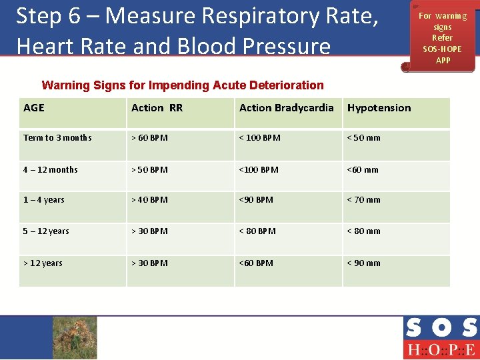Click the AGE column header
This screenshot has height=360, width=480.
[34, 108]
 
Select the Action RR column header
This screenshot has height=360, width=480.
[157, 108]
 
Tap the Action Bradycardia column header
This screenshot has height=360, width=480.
[286, 108]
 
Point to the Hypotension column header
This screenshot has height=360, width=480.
[379, 108]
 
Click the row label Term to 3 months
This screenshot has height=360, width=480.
[57, 138]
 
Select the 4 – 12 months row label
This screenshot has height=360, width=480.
[50, 170]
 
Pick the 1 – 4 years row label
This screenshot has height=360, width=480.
[44, 200]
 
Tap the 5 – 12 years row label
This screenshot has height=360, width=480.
[46, 231]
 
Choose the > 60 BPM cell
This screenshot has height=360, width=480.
[149, 138]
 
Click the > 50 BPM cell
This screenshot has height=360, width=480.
[149, 170]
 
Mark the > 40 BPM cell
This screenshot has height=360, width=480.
[149, 200]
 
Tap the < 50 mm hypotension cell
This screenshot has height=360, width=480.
[363, 138]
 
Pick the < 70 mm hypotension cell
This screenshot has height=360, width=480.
[363, 200]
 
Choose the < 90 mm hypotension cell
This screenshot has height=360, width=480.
[363, 263]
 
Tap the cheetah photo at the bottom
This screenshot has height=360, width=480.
[75, 337]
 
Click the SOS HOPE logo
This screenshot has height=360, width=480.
[441, 338]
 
